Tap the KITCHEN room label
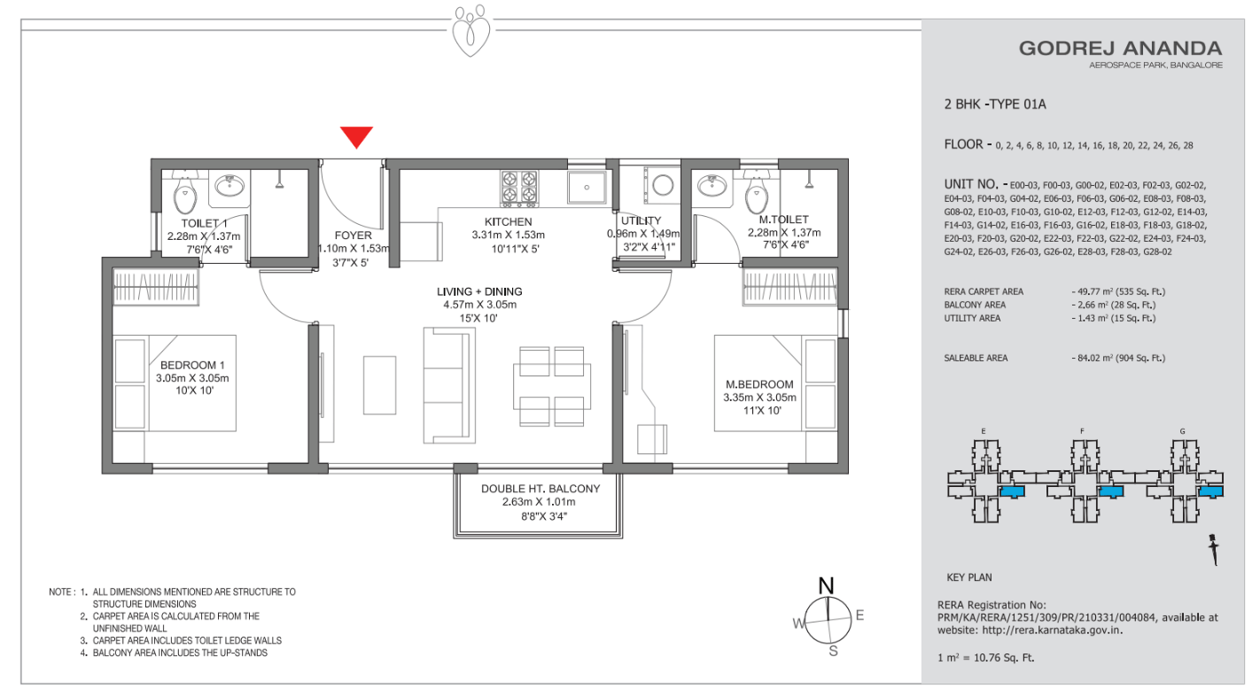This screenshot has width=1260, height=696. pos(508,222)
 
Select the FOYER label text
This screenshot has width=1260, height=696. pos(354,236)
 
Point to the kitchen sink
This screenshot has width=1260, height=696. pos(587,187)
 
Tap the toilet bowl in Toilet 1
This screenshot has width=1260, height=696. pos(184,196)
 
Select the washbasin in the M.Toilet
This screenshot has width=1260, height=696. pos(712,186)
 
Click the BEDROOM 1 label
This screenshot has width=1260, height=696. pos(192,365)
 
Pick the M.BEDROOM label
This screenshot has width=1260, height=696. pos(759,384)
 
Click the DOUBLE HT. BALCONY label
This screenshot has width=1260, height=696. pos(540,489)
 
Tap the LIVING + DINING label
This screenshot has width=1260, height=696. pos(479,291)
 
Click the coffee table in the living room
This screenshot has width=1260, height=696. pos(379,385)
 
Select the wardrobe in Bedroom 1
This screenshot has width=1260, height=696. pos(155,287)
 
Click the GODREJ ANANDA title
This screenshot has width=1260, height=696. pos(1121,49)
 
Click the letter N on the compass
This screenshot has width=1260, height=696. pos(826,586)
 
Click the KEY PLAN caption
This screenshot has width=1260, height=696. pos(969,577)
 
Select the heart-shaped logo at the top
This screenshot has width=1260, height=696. pos(471,31)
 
